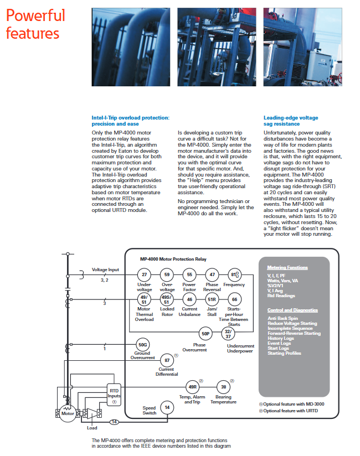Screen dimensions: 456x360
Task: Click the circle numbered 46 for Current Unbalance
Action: tap(189, 299)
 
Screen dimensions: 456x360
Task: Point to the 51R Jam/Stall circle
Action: tap(212, 299)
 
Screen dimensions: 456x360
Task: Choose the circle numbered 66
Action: tap(234, 299)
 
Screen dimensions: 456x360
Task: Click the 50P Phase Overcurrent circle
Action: tap(205, 334)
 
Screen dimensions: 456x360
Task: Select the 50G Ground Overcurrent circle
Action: tap(143, 344)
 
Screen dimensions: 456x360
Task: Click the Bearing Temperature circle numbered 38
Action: tap(223, 387)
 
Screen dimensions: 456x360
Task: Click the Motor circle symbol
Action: tap(68, 413)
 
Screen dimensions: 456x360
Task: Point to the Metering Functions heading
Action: tap(287, 267)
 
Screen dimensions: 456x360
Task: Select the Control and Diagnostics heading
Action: tap(291, 310)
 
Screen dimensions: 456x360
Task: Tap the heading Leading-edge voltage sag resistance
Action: tap(290, 121)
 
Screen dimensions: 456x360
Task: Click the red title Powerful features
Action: tap(35, 24)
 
